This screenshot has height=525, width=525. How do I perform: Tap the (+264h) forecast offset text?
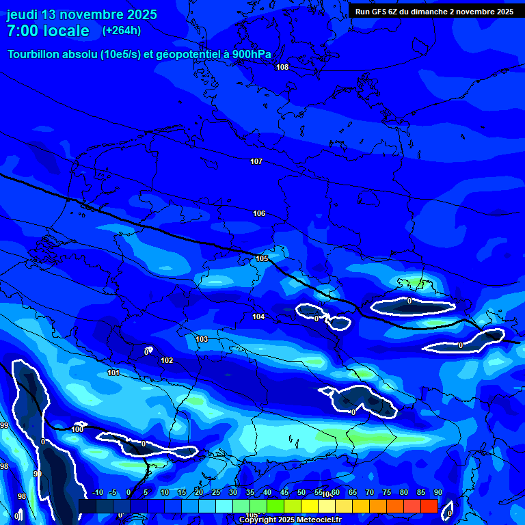122,31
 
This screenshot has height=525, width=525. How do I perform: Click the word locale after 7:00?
66,31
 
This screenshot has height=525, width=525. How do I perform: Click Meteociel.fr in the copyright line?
317,520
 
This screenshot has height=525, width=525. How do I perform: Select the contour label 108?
282,67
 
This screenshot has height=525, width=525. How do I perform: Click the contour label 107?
256,162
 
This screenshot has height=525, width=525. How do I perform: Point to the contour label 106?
259,214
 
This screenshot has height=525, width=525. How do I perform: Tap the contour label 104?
258,317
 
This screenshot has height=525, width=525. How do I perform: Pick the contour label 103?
202,339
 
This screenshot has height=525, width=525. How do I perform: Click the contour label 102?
167,360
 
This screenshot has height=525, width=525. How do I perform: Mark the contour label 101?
113,373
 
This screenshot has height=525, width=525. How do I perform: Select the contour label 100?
77,429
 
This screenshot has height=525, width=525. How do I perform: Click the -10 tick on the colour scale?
97,493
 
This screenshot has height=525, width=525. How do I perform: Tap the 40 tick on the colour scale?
267,493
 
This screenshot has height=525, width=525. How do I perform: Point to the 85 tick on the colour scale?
420,493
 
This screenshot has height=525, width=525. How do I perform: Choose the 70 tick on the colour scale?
369,493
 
